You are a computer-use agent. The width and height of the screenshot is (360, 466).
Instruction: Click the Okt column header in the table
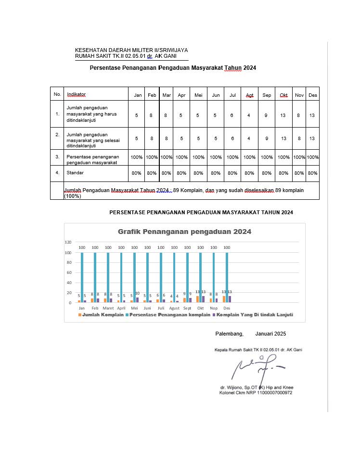(283, 95)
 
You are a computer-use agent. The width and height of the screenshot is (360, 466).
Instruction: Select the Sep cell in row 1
(267, 116)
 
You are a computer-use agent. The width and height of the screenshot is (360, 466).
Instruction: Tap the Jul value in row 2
(232, 139)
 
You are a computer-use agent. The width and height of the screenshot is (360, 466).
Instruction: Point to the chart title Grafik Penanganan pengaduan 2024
(184, 232)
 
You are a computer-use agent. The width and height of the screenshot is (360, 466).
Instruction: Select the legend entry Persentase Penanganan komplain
(168, 315)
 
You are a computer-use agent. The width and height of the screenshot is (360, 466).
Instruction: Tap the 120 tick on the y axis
(68, 242)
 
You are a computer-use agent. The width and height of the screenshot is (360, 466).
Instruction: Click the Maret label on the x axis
(108, 308)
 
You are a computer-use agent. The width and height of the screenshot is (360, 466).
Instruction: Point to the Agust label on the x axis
(174, 308)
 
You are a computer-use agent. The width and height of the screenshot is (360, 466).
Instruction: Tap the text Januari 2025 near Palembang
(270, 333)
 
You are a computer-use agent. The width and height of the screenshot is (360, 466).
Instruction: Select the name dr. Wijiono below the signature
(235, 387)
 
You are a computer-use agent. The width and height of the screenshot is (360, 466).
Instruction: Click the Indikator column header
(77, 95)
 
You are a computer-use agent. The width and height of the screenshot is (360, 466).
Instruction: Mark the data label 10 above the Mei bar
(137, 293)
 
